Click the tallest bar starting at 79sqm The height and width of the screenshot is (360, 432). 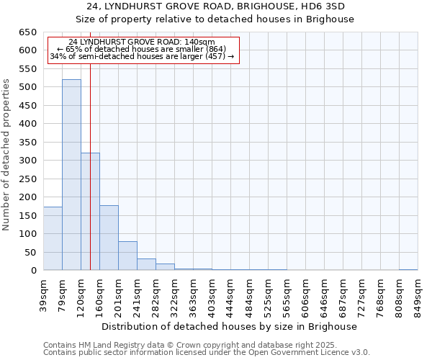click(71, 175)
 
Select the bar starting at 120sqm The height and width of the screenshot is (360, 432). click(90, 212)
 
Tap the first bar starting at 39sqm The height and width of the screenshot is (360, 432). click(53, 238)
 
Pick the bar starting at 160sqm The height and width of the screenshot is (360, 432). click(109, 238)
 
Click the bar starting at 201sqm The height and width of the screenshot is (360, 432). click(127, 256)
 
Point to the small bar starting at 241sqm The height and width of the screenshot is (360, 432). click(146, 264)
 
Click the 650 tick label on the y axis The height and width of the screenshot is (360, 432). click(27, 32)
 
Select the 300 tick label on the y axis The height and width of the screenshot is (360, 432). click(27, 161)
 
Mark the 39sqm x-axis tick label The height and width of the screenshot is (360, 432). click(44, 294)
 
